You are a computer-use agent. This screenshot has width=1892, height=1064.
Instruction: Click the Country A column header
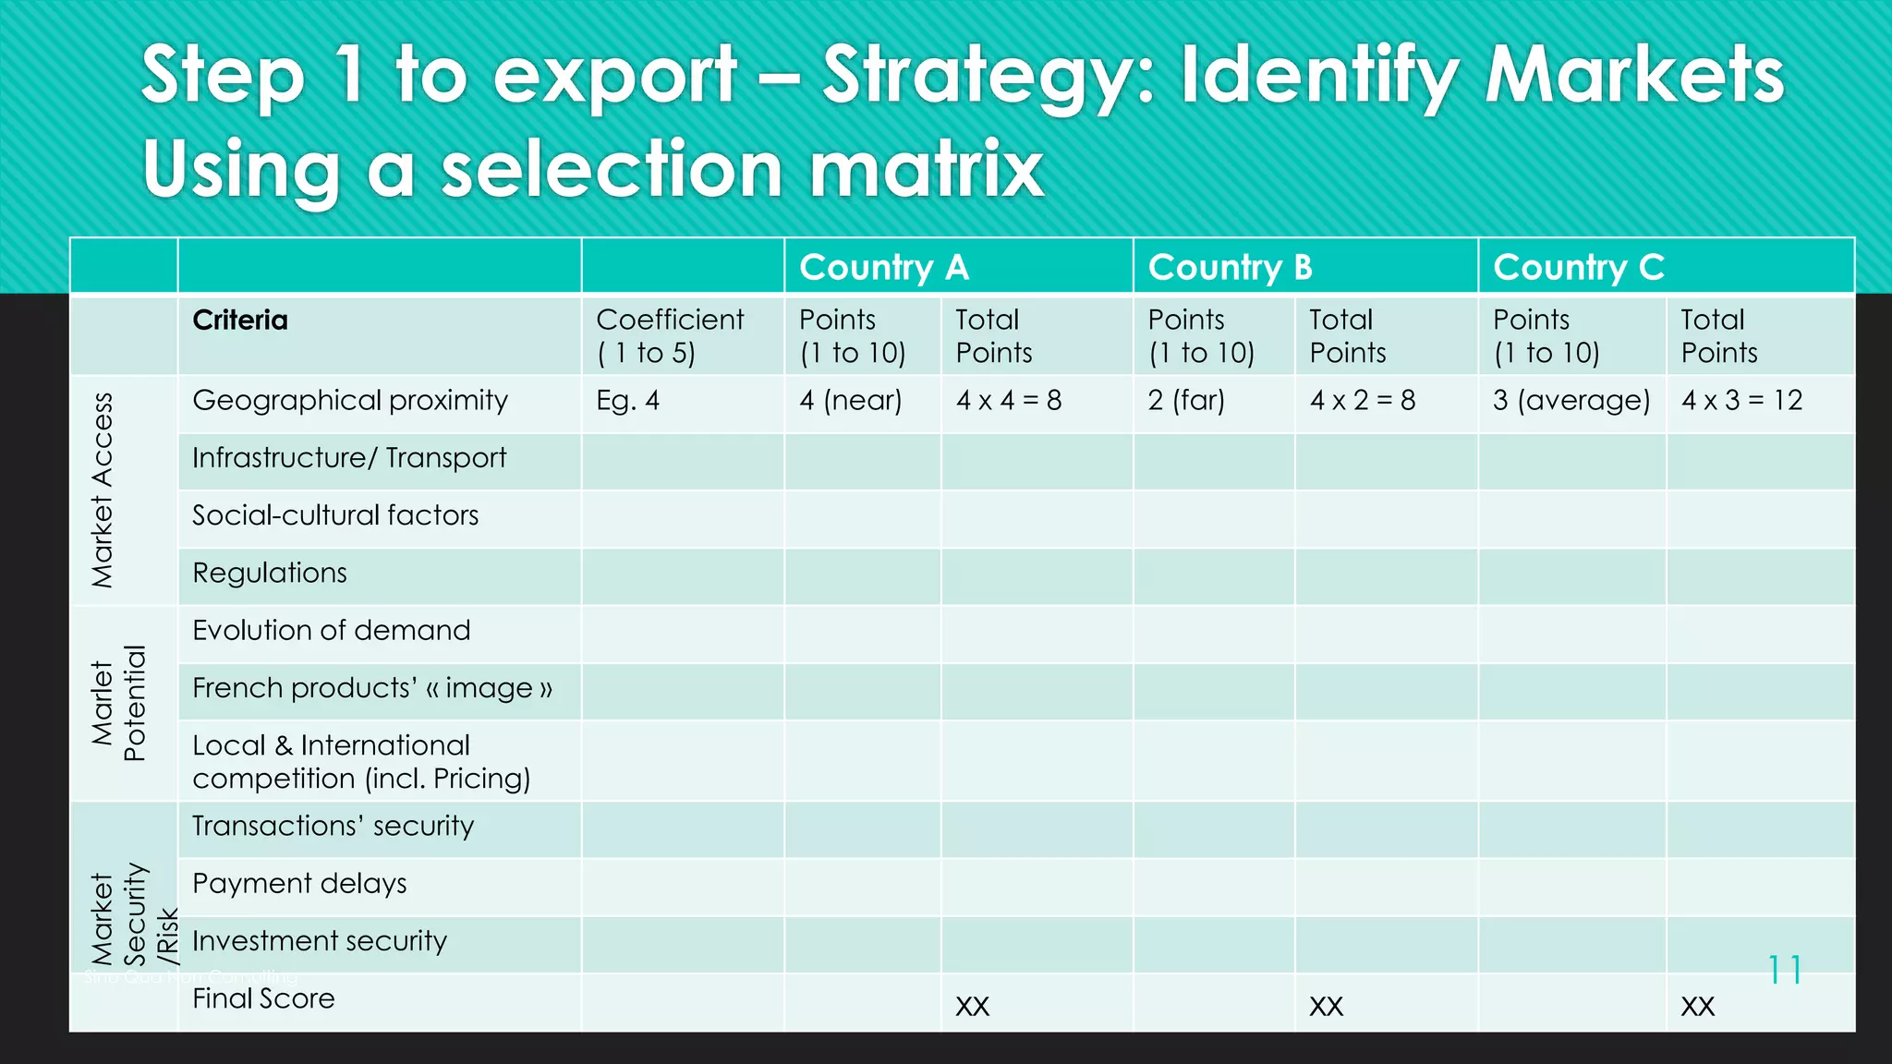pos(884,268)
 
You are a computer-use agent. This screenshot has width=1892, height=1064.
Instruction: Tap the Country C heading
pos(1579,268)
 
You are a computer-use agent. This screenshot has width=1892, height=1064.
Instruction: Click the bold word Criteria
pos(240,320)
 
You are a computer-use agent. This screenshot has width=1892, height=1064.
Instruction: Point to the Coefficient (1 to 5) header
pos(670,336)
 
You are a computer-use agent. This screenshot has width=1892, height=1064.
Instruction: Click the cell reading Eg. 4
pos(628,401)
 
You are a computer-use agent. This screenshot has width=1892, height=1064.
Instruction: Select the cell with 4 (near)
pos(850,401)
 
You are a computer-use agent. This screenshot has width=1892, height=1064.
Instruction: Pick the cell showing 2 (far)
pos(1186,401)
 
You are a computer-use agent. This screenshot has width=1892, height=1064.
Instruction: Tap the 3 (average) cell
pos(1571,401)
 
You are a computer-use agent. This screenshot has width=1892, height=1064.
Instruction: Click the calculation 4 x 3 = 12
pos(1741,401)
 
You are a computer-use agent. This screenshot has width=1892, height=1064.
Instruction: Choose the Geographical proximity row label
pos(350,401)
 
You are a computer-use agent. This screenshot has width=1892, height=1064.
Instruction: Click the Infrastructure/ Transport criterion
pos(349,458)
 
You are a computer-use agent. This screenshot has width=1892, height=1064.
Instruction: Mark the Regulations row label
pos(270,574)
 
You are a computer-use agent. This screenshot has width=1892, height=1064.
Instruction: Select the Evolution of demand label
pos(332,631)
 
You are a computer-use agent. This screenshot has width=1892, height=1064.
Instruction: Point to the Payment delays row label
pos(299,884)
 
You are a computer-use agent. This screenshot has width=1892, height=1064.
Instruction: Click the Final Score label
pos(263,998)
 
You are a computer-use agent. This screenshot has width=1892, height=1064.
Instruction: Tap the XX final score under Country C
pos(1697,1006)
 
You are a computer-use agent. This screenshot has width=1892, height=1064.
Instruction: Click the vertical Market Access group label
pos(103,490)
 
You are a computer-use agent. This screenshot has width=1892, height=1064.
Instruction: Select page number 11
pos(1784,970)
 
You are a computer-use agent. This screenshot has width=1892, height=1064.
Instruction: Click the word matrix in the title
pos(927,169)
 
